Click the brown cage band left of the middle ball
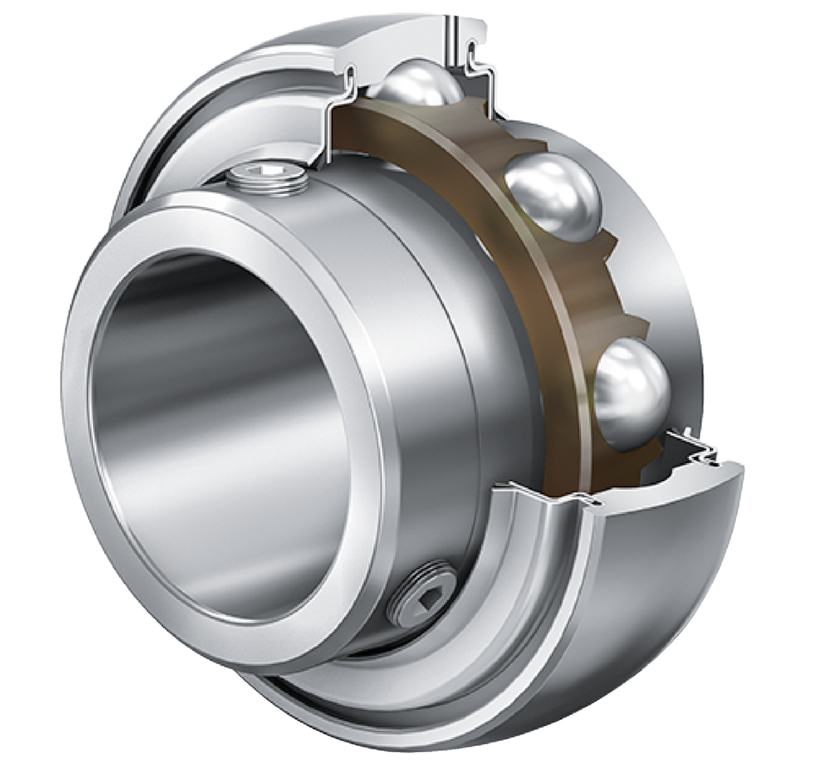tap(483, 207)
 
